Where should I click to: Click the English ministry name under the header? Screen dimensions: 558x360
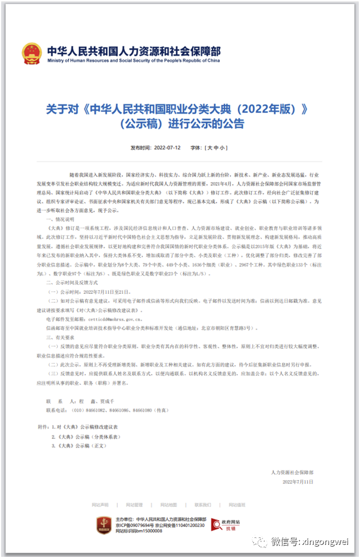click(133, 60)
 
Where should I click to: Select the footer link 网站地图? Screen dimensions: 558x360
click(168, 505)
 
